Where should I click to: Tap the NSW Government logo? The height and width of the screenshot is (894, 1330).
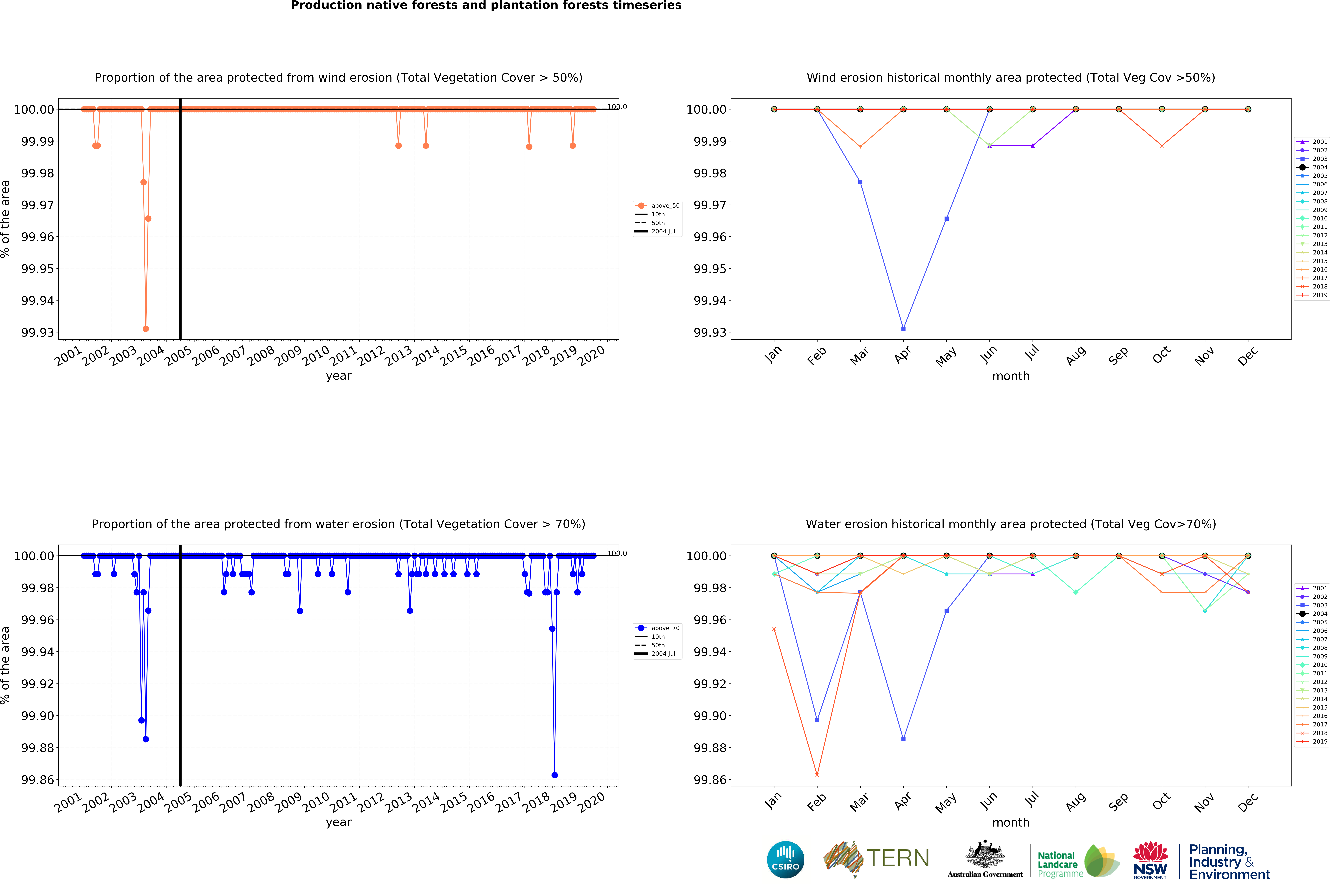(1150, 860)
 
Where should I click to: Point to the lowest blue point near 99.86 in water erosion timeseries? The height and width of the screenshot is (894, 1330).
(554, 775)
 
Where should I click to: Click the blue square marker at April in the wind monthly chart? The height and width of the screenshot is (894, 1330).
(903, 328)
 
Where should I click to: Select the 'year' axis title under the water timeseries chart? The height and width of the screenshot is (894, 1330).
(338, 822)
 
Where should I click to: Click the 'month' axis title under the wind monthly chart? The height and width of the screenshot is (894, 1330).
(1010, 376)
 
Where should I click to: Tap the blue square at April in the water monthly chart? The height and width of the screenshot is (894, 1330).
(903, 739)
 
